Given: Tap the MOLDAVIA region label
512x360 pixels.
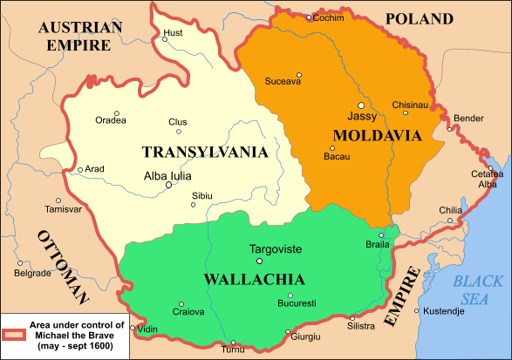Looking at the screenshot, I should point(377,135).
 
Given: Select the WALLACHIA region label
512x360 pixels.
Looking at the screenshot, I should point(254,280).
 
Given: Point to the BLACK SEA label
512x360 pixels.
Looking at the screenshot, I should point(478,289).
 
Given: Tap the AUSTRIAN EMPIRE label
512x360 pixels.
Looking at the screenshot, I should point(80,36).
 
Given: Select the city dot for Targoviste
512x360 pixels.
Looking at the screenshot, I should point(258,261).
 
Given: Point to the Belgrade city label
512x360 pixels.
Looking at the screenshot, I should point(32,273).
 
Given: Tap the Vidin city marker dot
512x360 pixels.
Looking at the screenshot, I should point(133,329).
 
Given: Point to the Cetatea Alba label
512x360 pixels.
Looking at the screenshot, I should point(488,179).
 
